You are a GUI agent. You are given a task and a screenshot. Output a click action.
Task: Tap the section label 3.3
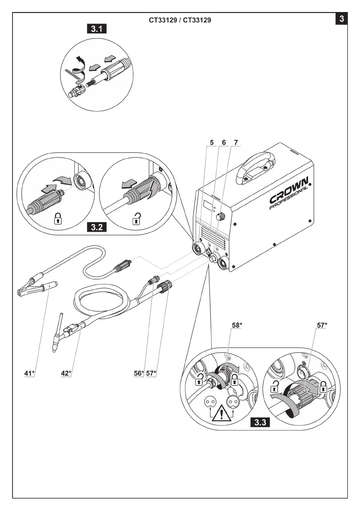click(260, 422)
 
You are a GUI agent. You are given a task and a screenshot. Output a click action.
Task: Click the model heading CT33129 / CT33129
click(180, 20)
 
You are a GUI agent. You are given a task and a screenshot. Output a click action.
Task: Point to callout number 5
click(212, 142)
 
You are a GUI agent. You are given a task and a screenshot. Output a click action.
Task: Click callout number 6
click(223, 142)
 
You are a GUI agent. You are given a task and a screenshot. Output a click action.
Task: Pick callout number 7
click(235, 142)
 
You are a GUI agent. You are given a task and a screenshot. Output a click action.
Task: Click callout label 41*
click(29, 373)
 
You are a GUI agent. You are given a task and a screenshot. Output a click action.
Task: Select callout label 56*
click(138, 373)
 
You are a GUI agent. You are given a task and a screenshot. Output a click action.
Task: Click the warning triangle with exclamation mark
click(221, 412)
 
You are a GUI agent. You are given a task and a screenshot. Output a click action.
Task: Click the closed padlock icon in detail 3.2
click(57, 220)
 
